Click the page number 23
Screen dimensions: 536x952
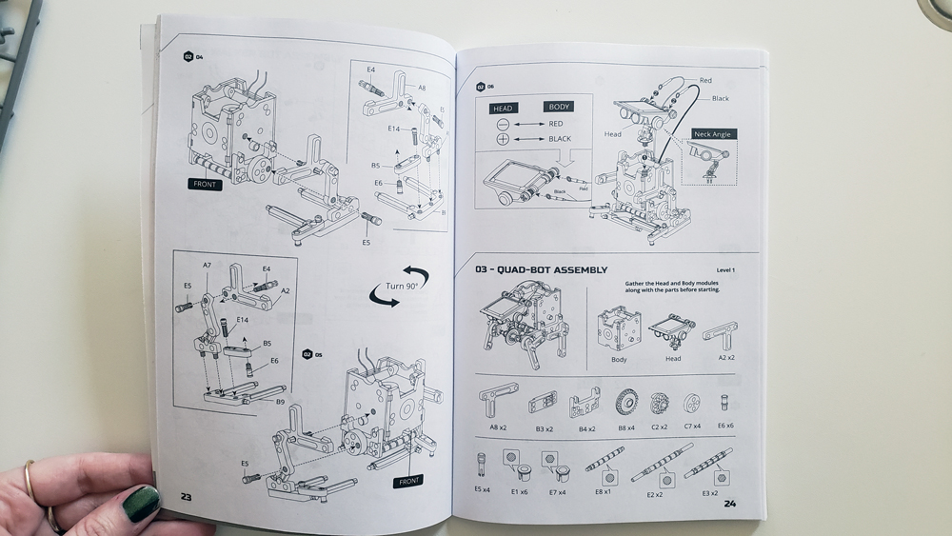[x=187, y=497]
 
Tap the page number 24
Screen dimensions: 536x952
[x=730, y=504]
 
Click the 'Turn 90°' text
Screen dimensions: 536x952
[x=399, y=287]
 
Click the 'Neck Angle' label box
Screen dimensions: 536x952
[x=712, y=135]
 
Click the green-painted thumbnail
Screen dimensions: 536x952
[x=140, y=503]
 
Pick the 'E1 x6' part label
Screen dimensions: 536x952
[x=519, y=492]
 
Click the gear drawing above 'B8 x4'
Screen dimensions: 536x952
[x=626, y=402]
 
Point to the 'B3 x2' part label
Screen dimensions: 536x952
[x=544, y=427]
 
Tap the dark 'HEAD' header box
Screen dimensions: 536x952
[x=503, y=108]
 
